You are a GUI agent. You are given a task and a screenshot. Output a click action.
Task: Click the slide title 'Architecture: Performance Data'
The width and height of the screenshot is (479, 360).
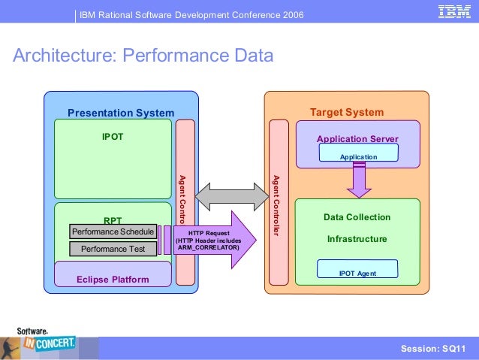(x=143, y=56)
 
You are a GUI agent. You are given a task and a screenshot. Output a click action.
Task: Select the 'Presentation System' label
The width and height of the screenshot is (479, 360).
(x=121, y=113)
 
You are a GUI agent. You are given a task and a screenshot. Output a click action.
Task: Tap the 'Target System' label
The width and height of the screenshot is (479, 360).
(x=347, y=112)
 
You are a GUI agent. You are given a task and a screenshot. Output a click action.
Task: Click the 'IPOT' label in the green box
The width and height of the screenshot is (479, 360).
(x=113, y=138)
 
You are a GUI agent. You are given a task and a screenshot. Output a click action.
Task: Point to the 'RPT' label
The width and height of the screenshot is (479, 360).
(x=113, y=220)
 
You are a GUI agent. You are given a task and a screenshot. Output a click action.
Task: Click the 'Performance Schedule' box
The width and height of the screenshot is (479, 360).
(x=113, y=231)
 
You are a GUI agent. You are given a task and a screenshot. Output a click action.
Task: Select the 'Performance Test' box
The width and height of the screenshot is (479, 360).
(x=113, y=249)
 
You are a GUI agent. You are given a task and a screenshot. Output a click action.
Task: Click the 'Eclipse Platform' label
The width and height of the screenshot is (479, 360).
(x=113, y=280)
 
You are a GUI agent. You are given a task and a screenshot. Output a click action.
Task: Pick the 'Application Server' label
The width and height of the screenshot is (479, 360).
(x=357, y=139)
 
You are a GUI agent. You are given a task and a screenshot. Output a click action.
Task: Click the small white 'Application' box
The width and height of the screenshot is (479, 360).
(x=358, y=156)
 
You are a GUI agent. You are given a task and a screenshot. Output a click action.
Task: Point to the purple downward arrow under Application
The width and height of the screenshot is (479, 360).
(x=358, y=180)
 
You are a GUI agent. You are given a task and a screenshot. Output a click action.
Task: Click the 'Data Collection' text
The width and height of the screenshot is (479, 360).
(x=357, y=217)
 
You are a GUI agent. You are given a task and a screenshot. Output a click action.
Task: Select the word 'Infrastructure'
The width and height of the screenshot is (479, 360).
(x=357, y=239)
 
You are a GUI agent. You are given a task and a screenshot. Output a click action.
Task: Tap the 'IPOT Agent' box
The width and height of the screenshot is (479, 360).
(x=357, y=273)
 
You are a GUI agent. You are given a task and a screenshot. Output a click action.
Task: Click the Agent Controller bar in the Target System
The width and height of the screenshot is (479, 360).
(x=278, y=203)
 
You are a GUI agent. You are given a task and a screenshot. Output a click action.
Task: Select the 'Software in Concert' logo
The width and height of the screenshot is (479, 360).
(x=47, y=343)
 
